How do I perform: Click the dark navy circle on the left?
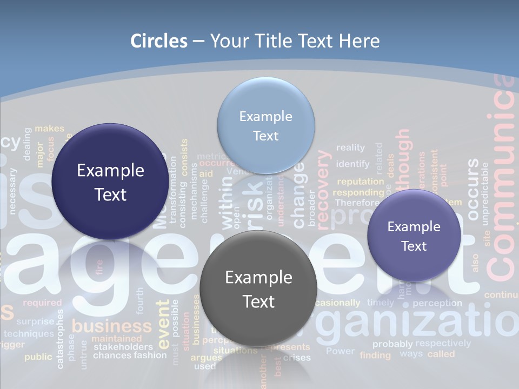pyautogui.click(x=110, y=182)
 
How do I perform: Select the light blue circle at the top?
pyautogui.click(x=265, y=125)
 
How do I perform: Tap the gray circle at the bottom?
pyautogui.click(x=258, y=289)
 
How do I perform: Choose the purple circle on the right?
pyautogui.click(x=414, y=236)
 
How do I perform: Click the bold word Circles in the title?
pyautogui.click(x=159, y=41)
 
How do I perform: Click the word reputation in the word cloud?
pyautogui.click(x=361, y=182)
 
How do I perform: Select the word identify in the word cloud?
pyautogui.click(x=352, y=164)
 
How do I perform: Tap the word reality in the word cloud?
pyautogui.click(x=350, y=147)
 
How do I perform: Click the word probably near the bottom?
pyautogui.click(x=392, y=344)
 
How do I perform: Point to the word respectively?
pyautogui.click(x=443, y=343)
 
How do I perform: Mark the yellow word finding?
pyautogui.click(x=375, y=355)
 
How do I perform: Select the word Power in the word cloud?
pyautogui.click(x=341, y=351)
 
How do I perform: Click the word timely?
pyautogui.click(x=381, y=303)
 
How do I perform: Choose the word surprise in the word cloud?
pyautogui.click(x=35, y=321)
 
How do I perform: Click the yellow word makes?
pyautogui.click(x=49, y=129)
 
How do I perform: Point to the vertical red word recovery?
pyautogui.click(x=322, y=187)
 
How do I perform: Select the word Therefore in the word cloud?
pyautogui.click(x=357, y=203)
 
